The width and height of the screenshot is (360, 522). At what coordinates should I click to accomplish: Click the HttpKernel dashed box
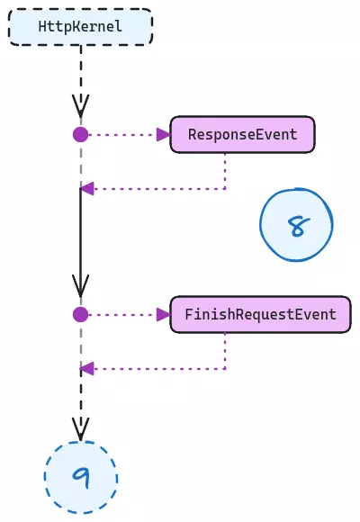(81, 27)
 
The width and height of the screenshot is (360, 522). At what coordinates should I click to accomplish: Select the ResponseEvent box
(242, 134)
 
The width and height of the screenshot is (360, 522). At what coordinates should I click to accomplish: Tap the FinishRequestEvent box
(260, 314)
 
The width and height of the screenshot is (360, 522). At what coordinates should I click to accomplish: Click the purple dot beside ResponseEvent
(81, 135)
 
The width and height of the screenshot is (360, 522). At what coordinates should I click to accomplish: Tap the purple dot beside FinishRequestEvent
(81, 315)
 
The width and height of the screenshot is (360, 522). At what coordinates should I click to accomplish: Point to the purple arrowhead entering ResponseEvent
(164, 135)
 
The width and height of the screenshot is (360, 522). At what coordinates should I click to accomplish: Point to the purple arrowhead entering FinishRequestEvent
(164, 315)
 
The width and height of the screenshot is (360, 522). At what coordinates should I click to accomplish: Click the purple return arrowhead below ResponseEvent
(87, 189)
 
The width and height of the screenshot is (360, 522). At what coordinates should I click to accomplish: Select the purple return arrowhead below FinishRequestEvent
(87, 368)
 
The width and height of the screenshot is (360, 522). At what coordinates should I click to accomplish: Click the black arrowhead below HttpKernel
(81, 106)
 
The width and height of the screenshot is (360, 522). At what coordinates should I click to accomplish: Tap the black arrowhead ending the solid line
(81, 286)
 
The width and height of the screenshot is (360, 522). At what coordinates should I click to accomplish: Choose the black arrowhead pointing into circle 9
(81, 429)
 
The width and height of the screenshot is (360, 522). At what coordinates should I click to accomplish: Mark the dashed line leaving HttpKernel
(81, 81)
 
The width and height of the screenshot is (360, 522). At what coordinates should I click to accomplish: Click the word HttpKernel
(80, 27)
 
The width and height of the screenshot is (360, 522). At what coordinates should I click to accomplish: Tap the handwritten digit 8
(299, 226)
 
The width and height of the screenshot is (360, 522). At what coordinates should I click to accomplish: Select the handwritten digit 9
(82, 478)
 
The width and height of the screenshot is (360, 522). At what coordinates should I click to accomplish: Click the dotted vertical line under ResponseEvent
(225, 171)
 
